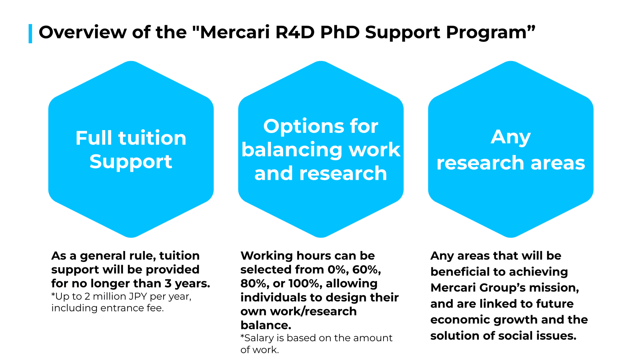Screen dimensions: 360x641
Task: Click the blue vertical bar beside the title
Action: click(30, 34)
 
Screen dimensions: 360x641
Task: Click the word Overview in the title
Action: click(82, 32)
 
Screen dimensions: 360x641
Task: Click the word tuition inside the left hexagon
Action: click(152, 138)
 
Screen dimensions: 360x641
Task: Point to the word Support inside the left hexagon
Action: click(131, 162)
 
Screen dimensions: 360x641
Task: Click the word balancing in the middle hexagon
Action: click(292, 150)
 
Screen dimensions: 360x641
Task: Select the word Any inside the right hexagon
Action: click(511, 137)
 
